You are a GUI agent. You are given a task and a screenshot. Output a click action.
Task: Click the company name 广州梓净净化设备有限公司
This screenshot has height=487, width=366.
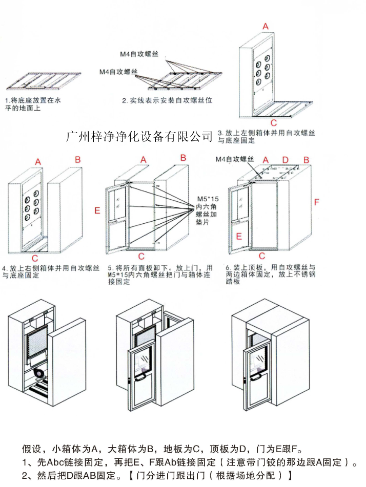click(139, 136)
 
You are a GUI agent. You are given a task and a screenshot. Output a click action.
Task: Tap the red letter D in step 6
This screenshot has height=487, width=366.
click(286, 160)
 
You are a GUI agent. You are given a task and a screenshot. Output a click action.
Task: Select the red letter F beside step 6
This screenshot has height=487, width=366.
click(316, 202)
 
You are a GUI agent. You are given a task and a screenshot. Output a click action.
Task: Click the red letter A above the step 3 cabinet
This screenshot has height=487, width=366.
click(265, 26)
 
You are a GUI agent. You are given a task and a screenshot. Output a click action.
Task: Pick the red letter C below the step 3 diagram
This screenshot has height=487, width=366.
click(274, 123)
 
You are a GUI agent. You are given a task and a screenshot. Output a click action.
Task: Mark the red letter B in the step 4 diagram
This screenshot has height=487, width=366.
click(77, 160)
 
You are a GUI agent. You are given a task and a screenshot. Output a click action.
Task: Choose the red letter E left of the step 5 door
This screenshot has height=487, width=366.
click(97, 210)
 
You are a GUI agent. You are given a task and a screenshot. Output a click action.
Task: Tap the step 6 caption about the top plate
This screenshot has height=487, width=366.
click(270, 274)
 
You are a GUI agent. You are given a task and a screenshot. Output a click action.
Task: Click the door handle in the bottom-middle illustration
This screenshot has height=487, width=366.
click(140, 378)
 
